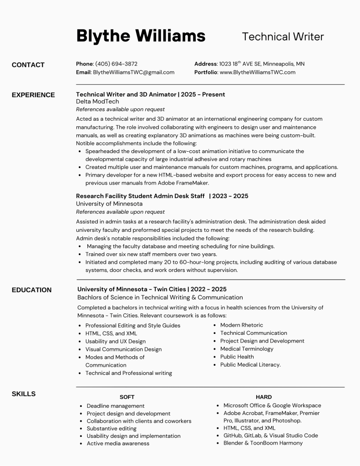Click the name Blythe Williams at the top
tap(141, 36)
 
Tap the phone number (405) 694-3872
tap(116, 64)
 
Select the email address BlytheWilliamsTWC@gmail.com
tap(134, 72)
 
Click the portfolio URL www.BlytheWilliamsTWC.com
tap(258, 72)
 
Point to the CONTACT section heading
tap(28, 65)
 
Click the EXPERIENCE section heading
tap(33, 95)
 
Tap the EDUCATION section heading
tap(32, 290)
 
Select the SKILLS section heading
tap(24, 394)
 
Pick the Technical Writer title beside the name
tap(283, 36)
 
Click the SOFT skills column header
tap(127, 397)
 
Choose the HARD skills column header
tap(264, 397)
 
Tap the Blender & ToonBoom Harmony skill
tap(263, 443)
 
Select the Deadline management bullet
tap(116, 406)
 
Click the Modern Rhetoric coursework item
tap(241, 325)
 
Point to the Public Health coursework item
tap(237, 357)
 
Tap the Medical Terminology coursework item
tap(247, 349)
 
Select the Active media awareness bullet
tap(118, 443)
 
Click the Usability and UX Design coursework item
tap(116, 341)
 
